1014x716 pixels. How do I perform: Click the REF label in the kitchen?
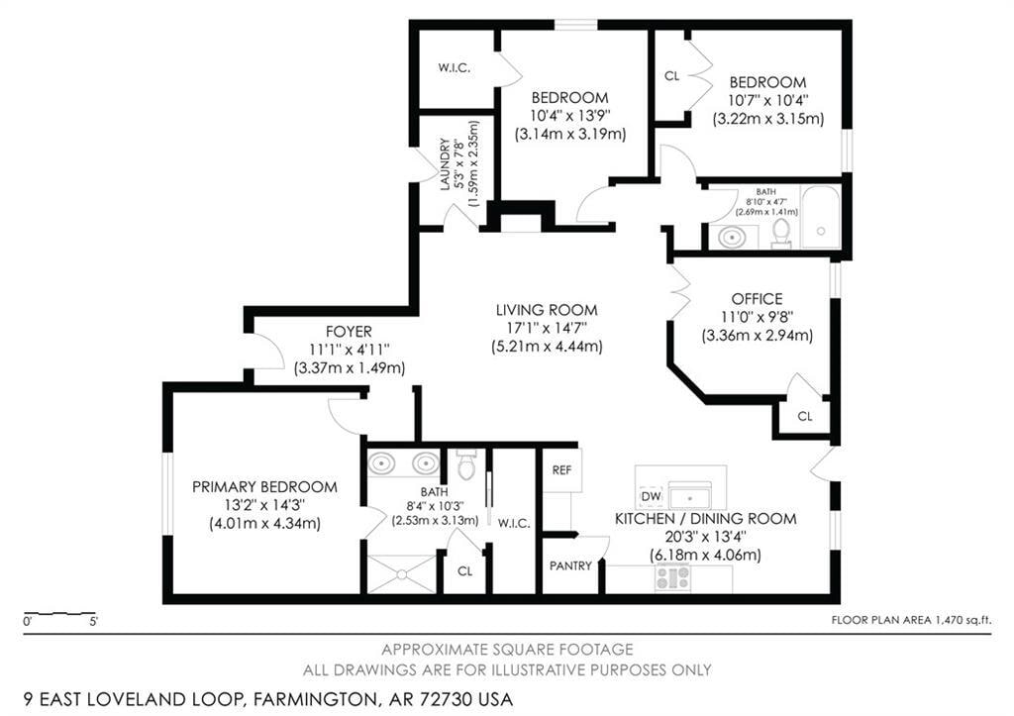[561, 470]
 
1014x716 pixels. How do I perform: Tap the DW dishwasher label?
[651, 496]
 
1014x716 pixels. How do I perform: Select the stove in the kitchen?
[672, 577]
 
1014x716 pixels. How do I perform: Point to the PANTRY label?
[570, 565]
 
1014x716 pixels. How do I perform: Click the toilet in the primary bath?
[465, 465]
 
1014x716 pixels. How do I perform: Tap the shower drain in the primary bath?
[402, 573]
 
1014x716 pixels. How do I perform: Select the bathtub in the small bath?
[821, 217]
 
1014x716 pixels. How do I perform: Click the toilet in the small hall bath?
[781, 234]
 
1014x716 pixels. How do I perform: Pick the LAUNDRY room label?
[445, 165]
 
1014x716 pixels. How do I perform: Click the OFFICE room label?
[757, 299]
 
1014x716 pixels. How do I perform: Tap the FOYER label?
[349, 332]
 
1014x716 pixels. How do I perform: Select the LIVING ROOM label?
[547, 310]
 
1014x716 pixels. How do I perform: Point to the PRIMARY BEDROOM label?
[264, 487]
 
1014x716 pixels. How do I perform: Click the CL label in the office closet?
[804, 416]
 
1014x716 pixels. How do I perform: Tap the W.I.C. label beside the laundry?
[454, 68]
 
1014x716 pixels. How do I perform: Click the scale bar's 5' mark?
[94, 622]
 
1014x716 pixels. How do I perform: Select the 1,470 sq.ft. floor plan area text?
[962, 620]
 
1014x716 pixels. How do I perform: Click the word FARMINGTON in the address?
[314, 699]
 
